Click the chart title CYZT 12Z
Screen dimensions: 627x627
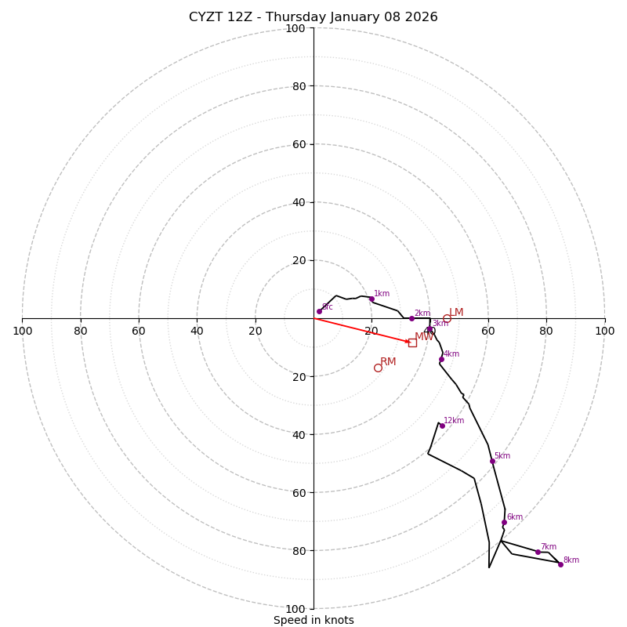coord(313,17)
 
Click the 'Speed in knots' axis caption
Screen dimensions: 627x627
coord(313,620)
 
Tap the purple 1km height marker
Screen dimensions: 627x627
coord(371,299)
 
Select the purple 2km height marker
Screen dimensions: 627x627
coord(411,318)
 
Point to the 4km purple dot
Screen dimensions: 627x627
coord(441,359)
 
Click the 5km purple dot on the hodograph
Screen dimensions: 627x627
coord(492,461)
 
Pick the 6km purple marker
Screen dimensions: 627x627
coord(504,522)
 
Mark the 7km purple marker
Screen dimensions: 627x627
coord(538,552)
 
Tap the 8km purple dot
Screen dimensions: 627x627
coord(560,564)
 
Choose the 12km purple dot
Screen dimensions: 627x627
coord(441,426)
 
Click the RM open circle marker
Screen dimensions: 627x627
coord(378,368)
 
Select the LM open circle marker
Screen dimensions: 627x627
coord(447,319)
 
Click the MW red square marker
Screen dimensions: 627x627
coord(412,342)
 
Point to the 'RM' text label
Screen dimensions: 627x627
coord(388,362)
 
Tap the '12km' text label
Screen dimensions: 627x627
coord(454,421)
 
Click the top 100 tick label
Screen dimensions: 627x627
coord(295,29)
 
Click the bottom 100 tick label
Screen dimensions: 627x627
coord(295,608)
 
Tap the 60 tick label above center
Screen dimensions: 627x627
coord(299,144)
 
